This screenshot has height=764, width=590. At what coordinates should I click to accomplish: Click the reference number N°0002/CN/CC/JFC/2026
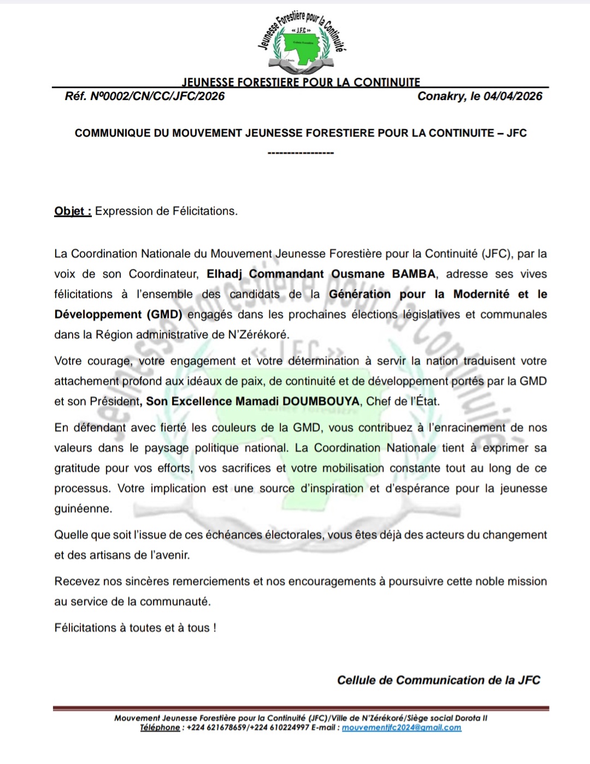pos(157,96)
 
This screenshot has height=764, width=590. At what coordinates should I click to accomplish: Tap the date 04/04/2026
pos(512,96)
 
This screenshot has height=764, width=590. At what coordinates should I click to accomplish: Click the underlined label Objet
pos(72,211)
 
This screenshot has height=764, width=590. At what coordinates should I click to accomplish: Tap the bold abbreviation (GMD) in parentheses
pos(164,314)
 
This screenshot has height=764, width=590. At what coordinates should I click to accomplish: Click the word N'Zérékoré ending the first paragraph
pos(258,334)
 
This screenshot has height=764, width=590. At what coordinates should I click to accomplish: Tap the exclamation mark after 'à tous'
pos(215,627)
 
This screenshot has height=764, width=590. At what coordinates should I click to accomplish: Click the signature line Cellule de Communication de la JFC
pos(438,680)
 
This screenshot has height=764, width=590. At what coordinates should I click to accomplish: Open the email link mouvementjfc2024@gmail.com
pos(402,727)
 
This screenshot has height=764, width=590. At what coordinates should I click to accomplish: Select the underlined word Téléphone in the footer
pos(160,727)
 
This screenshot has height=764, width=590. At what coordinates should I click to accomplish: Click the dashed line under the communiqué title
pos(300,153)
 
